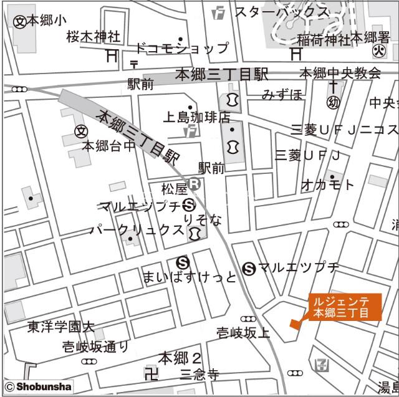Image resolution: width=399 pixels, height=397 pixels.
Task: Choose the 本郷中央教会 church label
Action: pos(340,73)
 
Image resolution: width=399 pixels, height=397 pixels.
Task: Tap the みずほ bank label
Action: pos(282,95)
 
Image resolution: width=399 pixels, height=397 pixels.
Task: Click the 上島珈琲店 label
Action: pos(196,117)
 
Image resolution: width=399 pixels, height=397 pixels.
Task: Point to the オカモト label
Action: pos(327,184)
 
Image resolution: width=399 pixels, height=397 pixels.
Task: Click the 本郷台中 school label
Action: pos(109,146)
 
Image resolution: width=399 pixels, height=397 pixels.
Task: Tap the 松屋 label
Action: pos(173,187)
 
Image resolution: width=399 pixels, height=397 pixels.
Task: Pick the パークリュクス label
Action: pos(137,229)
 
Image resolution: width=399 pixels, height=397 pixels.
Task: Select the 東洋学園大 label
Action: pos(60,327)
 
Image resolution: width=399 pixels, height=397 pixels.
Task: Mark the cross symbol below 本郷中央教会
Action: pos(334,86)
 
